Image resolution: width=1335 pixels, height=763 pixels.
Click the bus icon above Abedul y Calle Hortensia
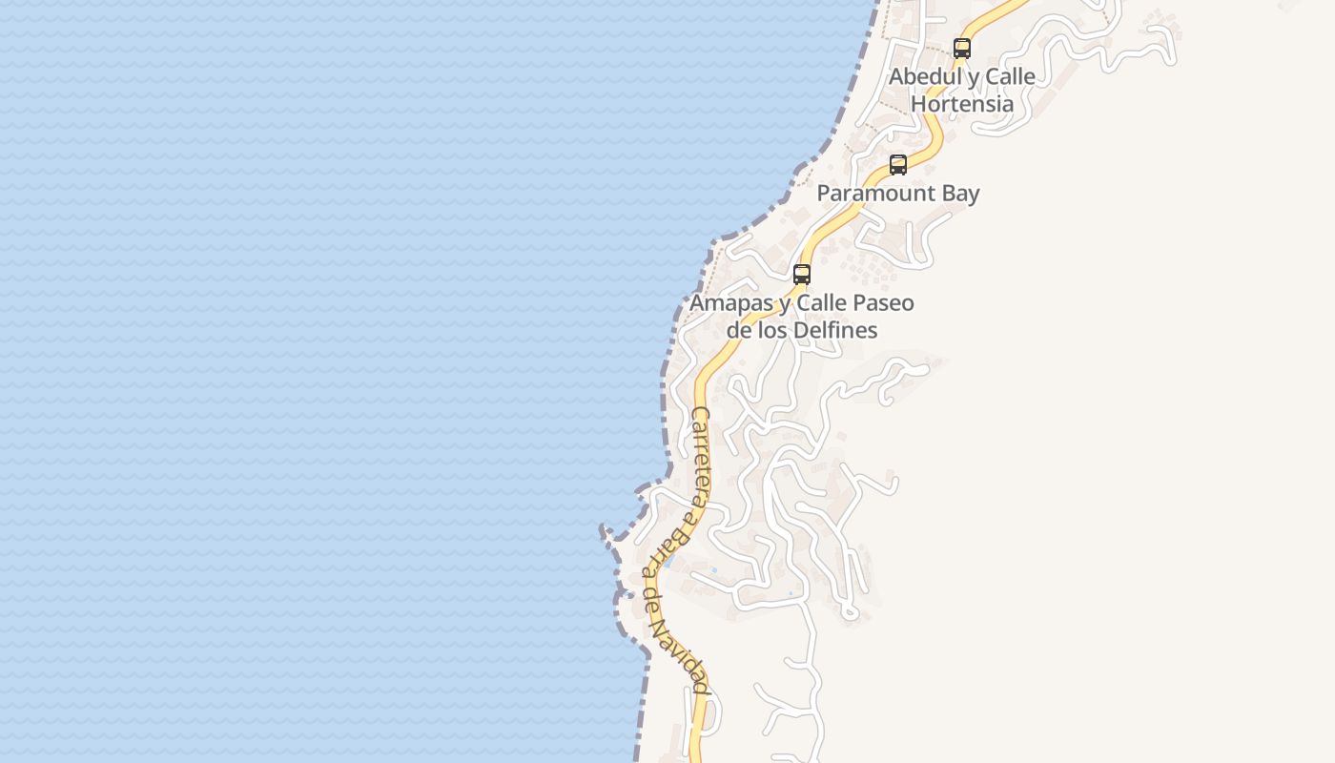962,48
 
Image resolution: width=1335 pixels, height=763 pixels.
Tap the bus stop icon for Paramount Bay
897,164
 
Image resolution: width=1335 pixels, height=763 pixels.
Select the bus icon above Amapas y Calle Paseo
802,275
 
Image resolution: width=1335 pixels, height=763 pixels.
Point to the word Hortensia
962,103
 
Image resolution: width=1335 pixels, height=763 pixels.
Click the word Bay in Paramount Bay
960,194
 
